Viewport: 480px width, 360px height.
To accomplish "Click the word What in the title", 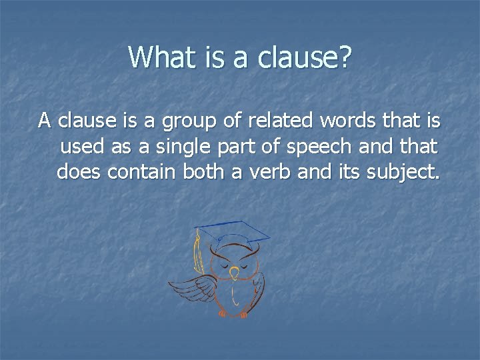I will pyautogui.click(x=157, y=57).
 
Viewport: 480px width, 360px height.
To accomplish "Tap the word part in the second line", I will pyautogui.click(x=220, y=148).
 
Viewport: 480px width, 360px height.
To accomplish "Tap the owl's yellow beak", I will pyautogui.click(x=233, y=272).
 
